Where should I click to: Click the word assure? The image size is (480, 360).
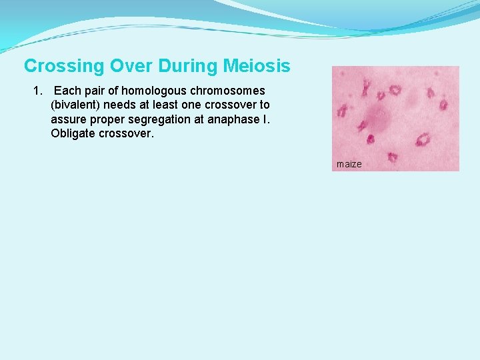pos(69,119)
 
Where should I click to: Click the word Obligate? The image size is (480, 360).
pos(72,133)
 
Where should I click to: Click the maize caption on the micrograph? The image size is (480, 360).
pos(349,164)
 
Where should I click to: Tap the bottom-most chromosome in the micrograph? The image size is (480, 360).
pos(392,157)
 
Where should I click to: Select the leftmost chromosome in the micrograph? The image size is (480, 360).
pos(342,111)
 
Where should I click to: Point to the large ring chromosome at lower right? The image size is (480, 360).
pos(423,139)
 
